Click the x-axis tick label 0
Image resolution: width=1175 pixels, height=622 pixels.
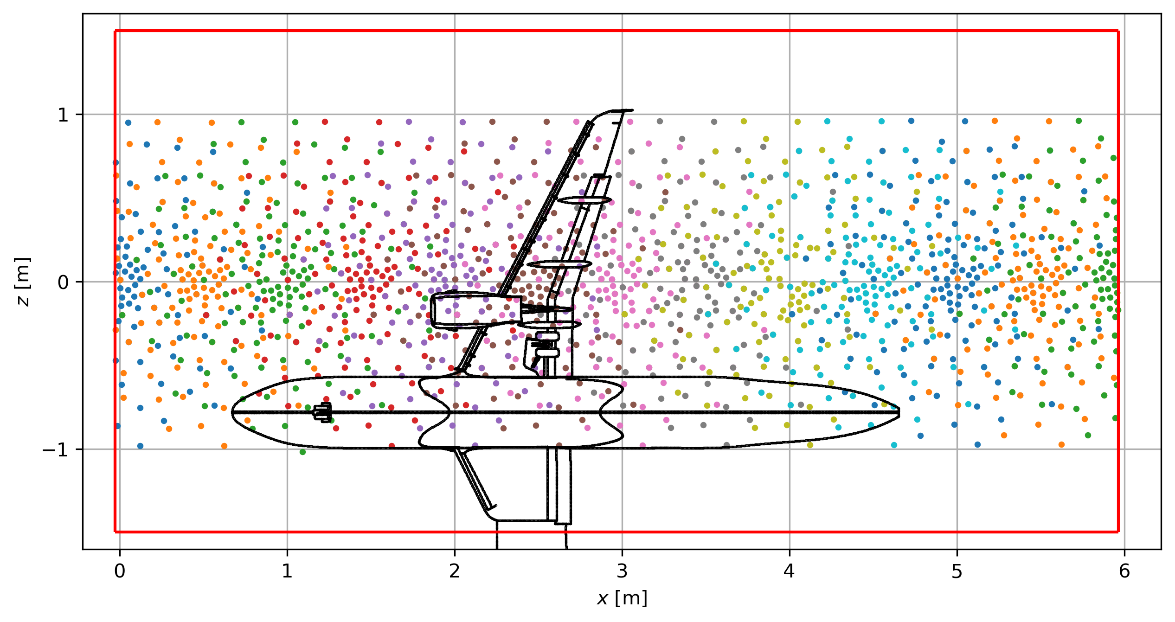[x=120, y=571]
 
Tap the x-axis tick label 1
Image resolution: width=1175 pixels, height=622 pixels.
[x=287, y=571]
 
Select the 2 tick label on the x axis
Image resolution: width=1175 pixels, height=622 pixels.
[x=455, y=571]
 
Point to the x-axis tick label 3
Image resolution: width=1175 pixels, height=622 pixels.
[x=622, y=571]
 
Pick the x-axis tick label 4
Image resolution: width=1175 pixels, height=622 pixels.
[x=790, y=571]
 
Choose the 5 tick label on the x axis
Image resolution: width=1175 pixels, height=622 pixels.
[x=957, y=571]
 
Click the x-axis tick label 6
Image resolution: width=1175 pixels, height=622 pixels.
[x=1124, y=571]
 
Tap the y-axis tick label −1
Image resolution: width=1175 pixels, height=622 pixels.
[x=56, y=449]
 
